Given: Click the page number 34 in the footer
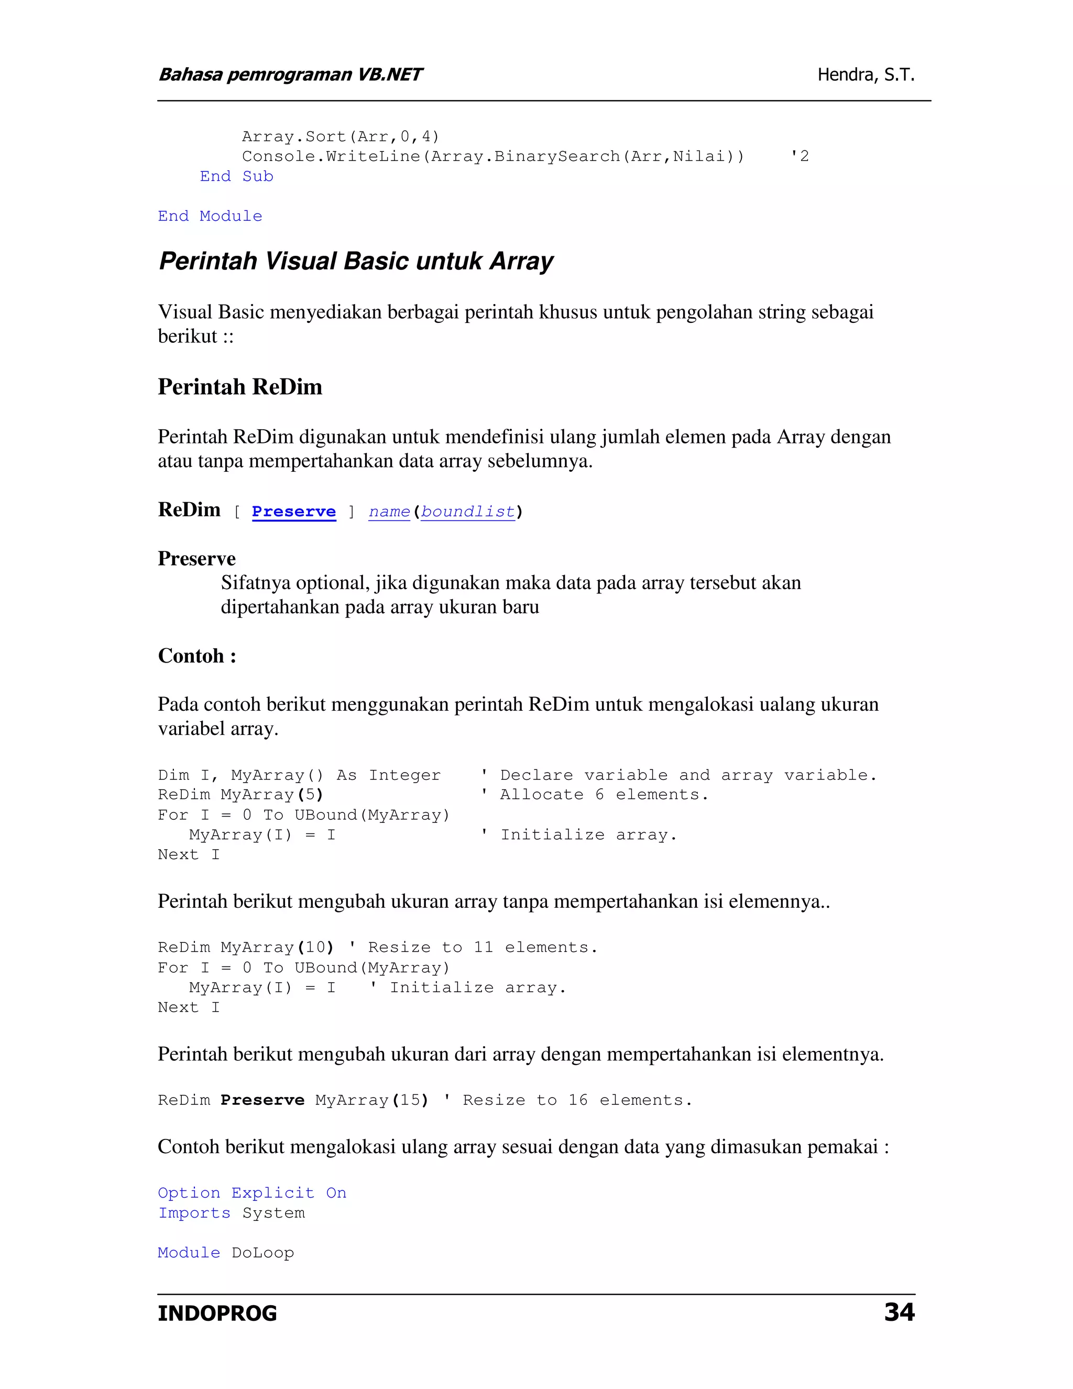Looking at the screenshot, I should click(x=899, y=1312).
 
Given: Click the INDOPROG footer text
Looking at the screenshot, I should click(x=217, y=1314).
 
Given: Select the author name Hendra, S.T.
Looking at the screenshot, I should click(x=866, y=75).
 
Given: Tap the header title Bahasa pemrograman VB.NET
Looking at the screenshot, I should click(x=290, y=75).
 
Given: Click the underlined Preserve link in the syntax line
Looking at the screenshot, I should click(x=294, y=512).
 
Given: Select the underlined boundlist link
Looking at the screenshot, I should click(x=468, y=512).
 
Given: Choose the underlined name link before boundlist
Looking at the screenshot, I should click(x=389, y=512).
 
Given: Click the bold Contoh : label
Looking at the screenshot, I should click(x=197, y=656).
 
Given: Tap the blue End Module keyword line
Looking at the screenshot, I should click(x=210, y=216).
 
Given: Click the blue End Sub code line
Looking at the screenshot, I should click(x=236, y=176).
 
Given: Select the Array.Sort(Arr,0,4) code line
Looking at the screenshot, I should click(x=341, y=137).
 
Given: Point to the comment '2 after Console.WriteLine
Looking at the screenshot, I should click(x=799, y=156).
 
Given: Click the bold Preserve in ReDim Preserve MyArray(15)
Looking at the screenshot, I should click(x=262, y=1100).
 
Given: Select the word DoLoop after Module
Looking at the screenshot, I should click(x=262, y=1253).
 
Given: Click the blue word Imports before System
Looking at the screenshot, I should click(x=194, y=1213).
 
